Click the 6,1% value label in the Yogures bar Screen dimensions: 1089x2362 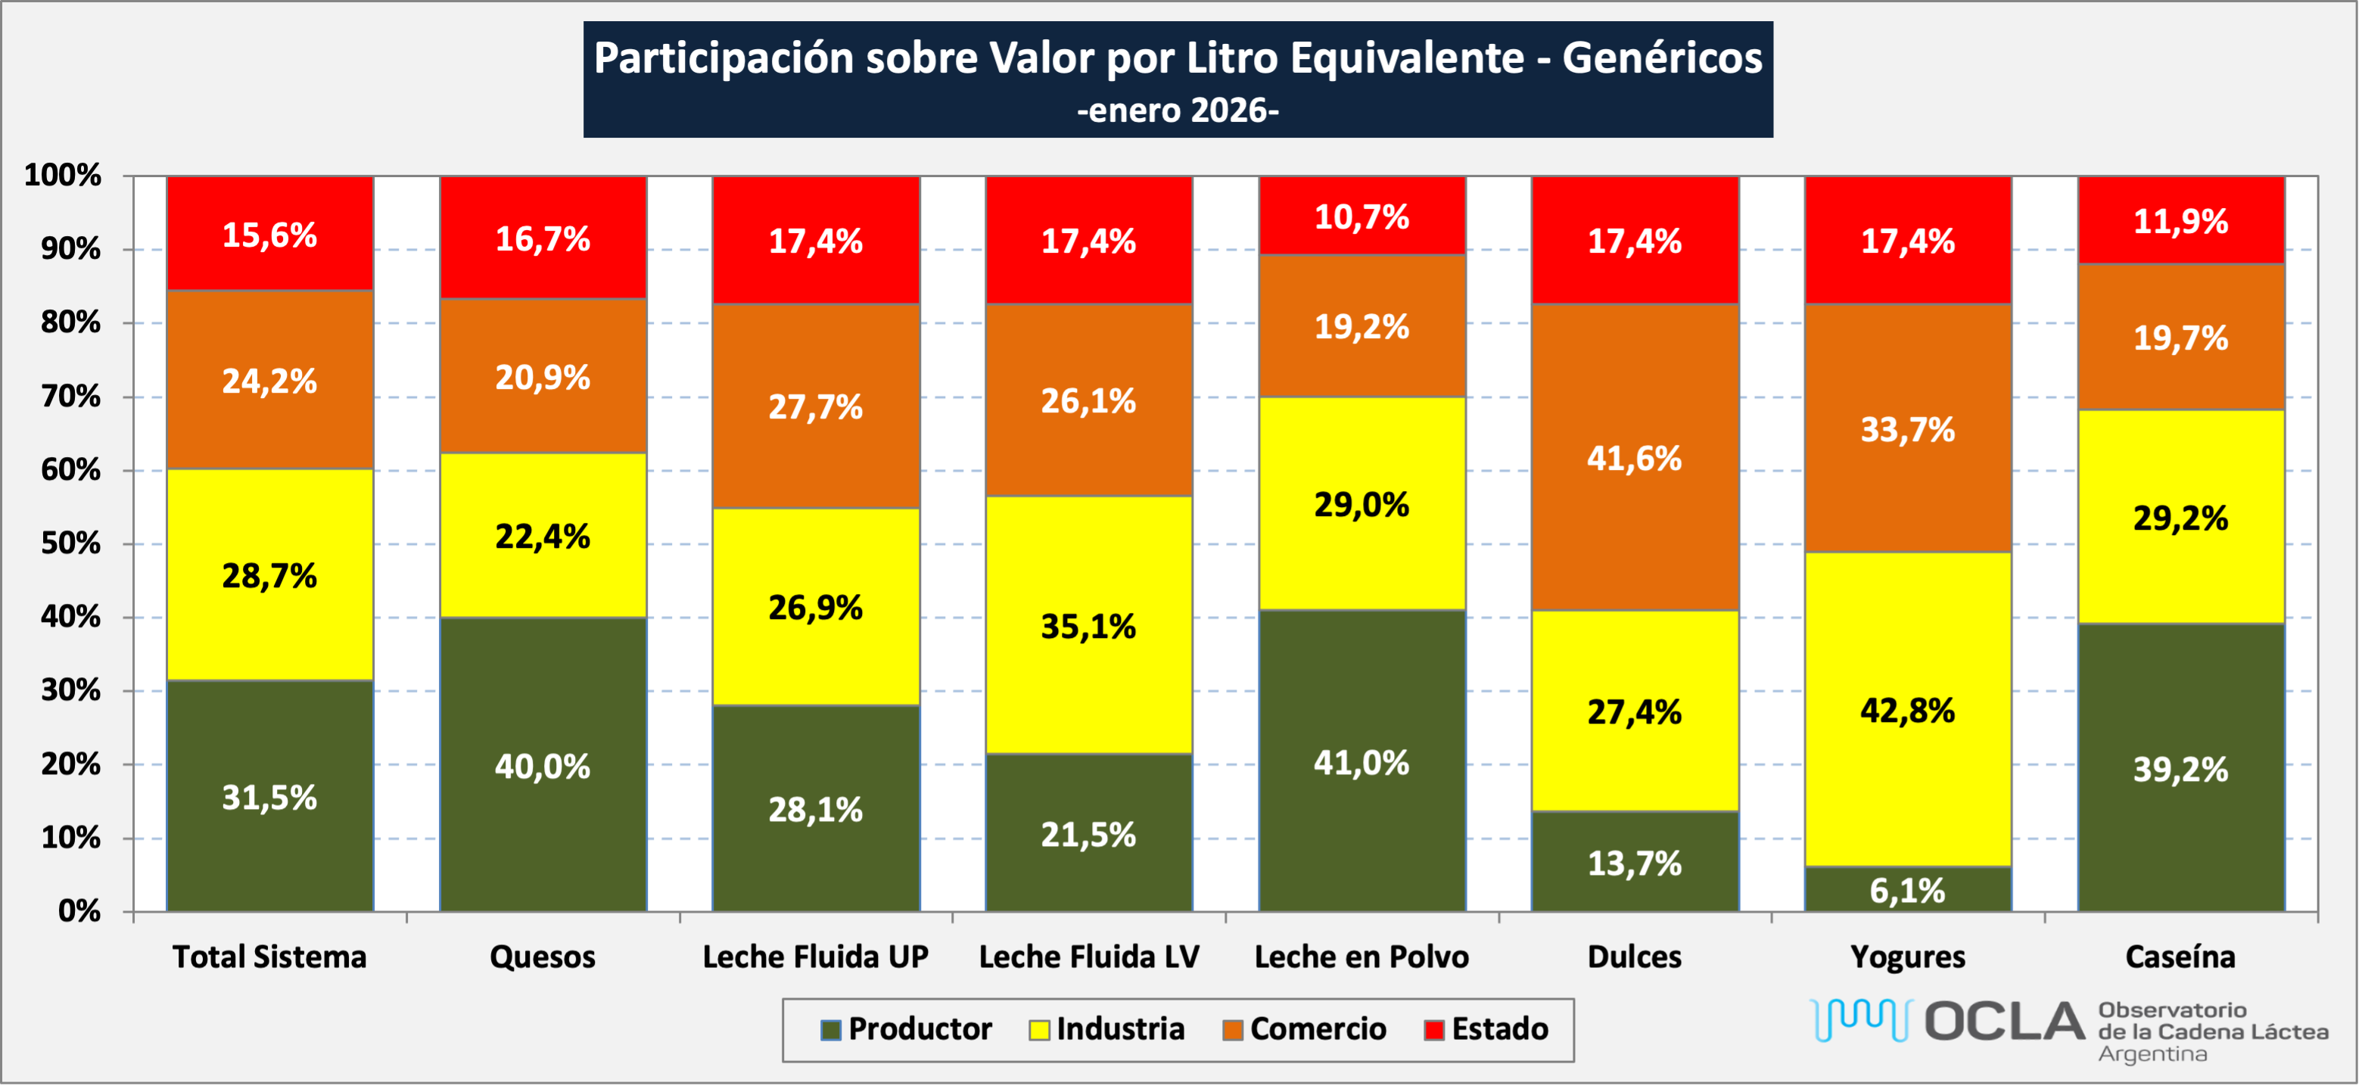point(1907,891)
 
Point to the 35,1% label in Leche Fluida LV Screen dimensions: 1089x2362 point(1088,627)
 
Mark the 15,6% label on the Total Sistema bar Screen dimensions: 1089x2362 point(269,235)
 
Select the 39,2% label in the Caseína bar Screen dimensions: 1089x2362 point(2180,770)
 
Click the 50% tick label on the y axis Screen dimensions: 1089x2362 point(70,543)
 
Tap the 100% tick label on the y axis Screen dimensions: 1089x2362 point(62,175)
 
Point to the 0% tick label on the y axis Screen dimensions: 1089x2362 point(79,911)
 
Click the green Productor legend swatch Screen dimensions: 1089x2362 point(831,1030)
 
